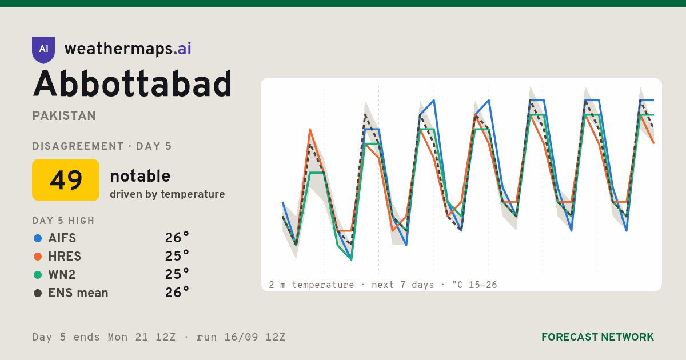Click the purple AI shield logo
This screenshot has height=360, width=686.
(43, 50)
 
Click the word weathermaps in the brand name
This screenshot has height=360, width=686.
(118, 49)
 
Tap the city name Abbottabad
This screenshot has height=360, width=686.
(132, 83)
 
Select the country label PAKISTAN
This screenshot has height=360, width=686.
(64, 115)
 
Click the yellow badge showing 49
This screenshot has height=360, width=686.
(66, 180)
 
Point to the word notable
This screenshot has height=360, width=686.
(140, 176)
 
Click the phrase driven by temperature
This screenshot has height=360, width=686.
(167, 194)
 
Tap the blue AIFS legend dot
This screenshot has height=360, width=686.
(38, 238)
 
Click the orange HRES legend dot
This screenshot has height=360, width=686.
(38, 257)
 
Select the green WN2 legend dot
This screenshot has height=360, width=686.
(38, 275)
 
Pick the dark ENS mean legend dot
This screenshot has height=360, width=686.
(38, 293)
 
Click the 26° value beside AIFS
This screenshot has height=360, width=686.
(177, 238)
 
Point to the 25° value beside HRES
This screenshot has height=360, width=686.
(177, 256)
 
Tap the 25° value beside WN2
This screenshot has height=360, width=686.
(177, 274)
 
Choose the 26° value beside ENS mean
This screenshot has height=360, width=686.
(177, 293)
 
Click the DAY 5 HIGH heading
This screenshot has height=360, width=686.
(63, 221)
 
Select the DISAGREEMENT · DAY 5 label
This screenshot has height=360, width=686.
(102, 146)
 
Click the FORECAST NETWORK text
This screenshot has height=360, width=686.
(597, 337)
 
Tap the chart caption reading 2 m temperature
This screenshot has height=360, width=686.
(311, 285)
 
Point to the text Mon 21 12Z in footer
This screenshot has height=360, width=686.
(142, 337)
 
